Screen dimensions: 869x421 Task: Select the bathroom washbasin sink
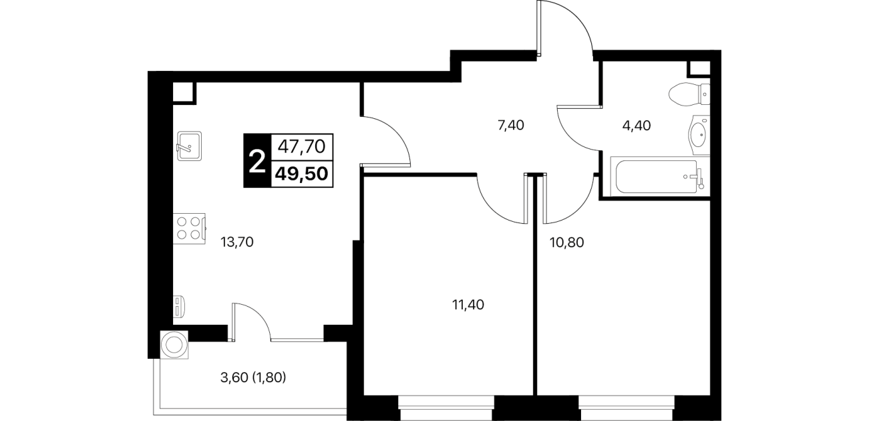tap(699, 134)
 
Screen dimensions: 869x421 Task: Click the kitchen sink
tap(189, 146)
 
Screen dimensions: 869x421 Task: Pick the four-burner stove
tap(189, 229)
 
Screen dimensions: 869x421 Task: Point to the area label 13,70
tap(236, 243)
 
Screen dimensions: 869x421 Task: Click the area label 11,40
tap(468, 305)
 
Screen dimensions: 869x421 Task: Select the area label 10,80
tap(567, 243)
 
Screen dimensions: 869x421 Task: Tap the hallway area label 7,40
tap(511, 126)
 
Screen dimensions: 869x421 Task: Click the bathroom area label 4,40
tap(637, 126)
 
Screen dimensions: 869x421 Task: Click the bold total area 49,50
tap(302, 174)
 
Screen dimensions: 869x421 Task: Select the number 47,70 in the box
tap(302, 147)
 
